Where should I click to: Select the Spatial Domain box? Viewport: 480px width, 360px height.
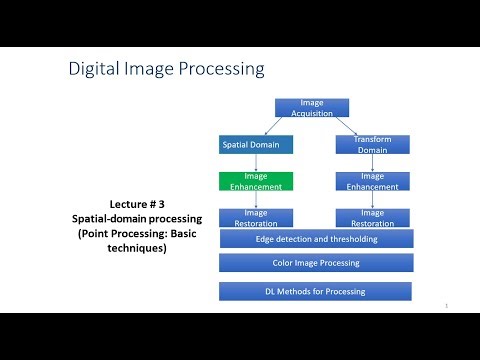click(x=256, y=144)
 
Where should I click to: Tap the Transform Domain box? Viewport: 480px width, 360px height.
click(x=372, y=144)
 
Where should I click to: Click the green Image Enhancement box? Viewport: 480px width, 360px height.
click(x=256, y=181)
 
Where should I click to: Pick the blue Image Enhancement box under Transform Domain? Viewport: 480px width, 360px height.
click(x=372, y=181)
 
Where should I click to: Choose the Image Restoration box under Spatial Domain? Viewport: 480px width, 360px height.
click(x=256, y=217)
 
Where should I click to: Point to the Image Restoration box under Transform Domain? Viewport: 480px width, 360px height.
click(x=372, y=217)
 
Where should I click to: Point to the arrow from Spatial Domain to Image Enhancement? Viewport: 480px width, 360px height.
click(x=256, y=163)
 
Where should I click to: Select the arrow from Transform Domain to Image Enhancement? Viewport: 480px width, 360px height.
click(x=372, y=163)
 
